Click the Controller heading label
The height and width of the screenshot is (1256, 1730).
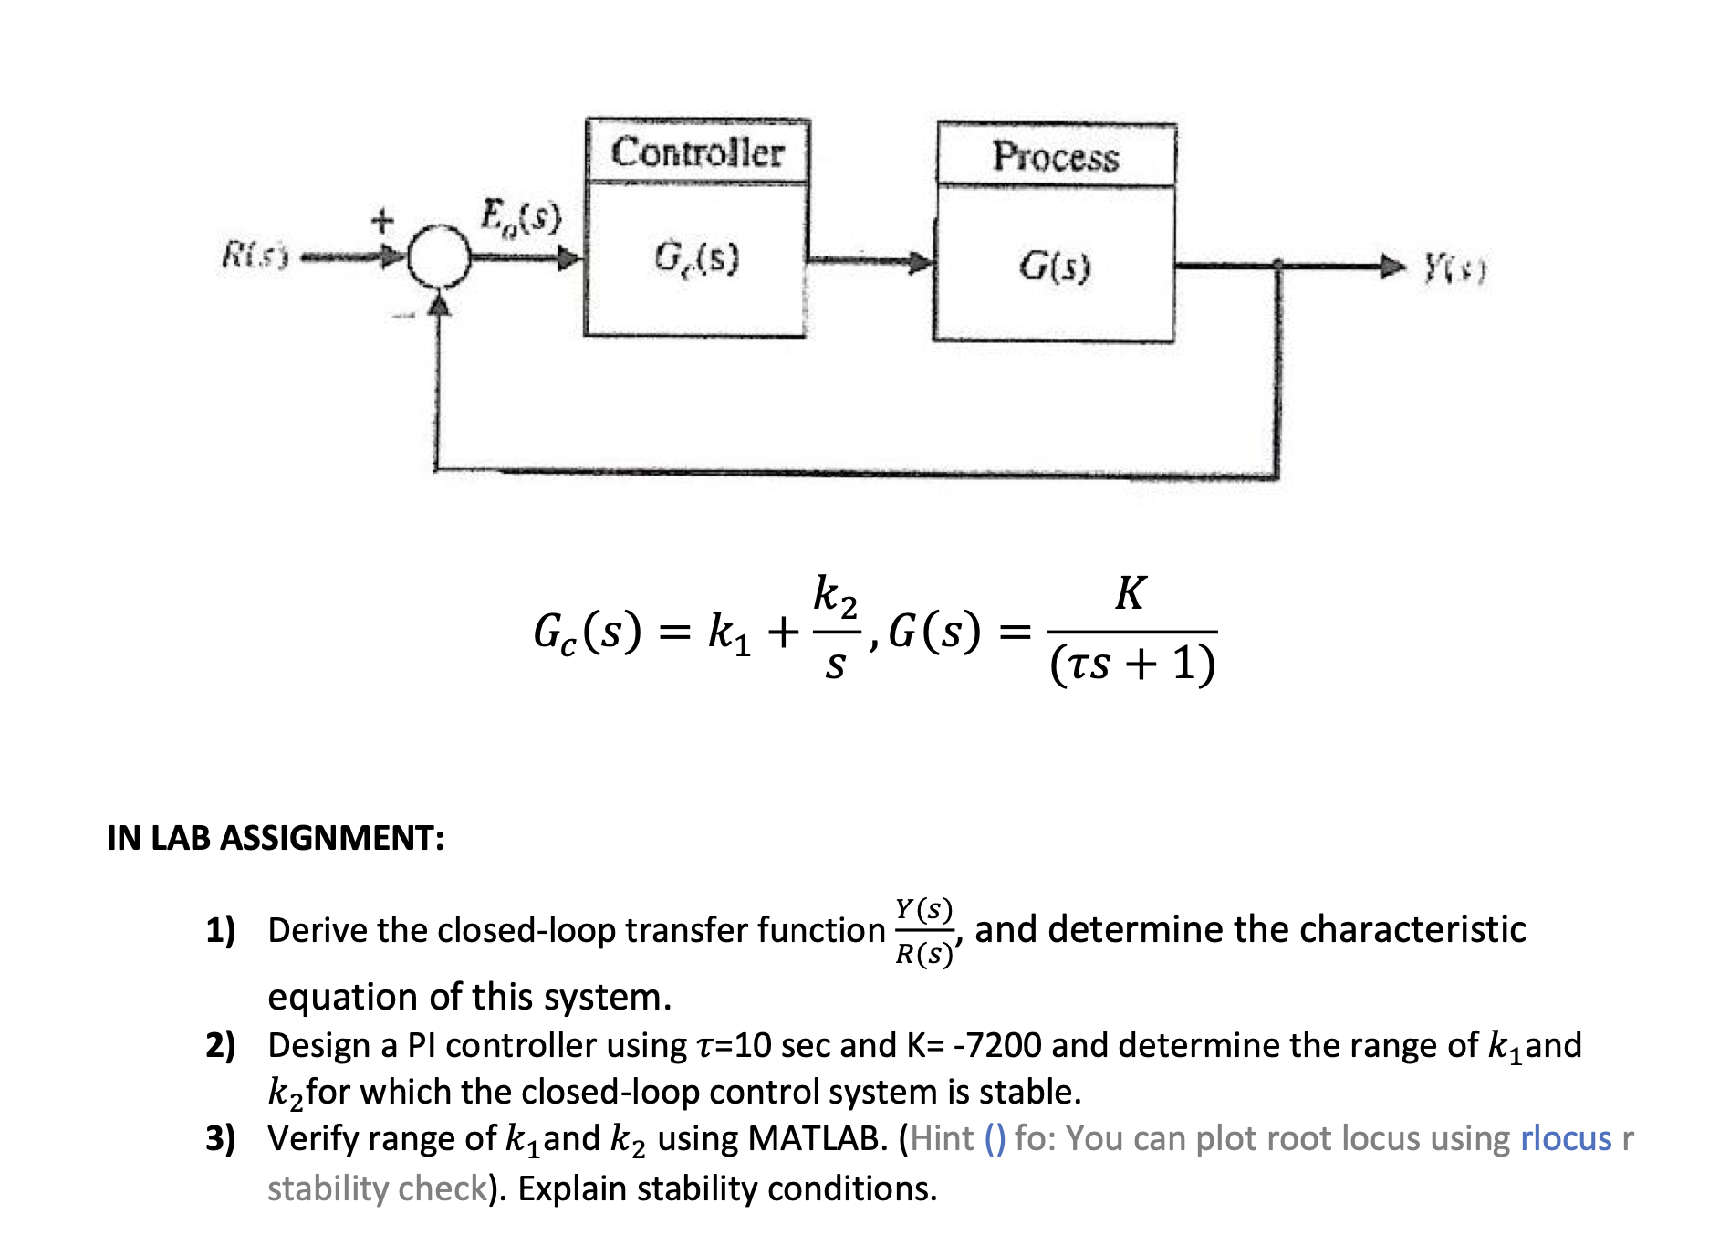[x=697, y=152]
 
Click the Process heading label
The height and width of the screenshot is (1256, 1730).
[x=1056, y=156]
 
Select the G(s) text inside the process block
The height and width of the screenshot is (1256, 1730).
[x=1055, y=266]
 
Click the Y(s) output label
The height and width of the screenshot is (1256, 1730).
[x=1455, y=268]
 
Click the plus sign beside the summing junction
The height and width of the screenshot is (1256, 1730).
[x=381, y=220]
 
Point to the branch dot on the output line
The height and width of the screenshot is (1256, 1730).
[x=1277, y=266]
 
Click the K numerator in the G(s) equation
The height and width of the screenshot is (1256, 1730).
[x=1130, y=593]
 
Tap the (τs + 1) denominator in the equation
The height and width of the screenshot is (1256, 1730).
[x=1132, y=664]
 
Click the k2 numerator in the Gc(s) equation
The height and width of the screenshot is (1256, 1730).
[x=835, y=595]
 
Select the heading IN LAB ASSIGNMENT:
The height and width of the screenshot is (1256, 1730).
[x=276, y=837]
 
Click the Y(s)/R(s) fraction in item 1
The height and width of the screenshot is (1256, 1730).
[x=924, y=931]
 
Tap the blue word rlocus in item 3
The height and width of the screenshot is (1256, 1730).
[x=1566, y=1138]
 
